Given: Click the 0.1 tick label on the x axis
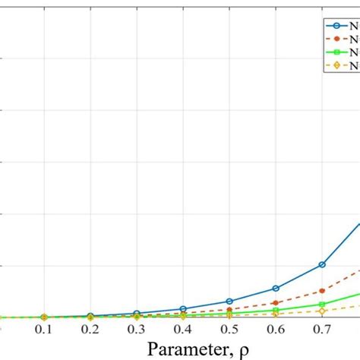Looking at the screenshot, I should tap(44, 332).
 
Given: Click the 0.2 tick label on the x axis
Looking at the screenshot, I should tap(90, 332).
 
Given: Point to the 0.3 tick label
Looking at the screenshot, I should tap(137, 332).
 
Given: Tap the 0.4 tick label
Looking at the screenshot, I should tap(183, 332).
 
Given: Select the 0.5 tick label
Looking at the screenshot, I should tap(229, 332).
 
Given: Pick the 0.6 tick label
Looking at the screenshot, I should tap(276, 332).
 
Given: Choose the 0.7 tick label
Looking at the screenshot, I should tap(322, 332).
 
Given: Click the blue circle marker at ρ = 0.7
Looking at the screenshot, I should tap(322, 264).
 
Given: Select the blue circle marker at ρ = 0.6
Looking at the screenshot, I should tap(276, 289).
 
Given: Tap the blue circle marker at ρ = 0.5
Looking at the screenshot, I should tap(229, 302).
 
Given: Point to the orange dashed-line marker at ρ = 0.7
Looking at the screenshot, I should tap(322, 291).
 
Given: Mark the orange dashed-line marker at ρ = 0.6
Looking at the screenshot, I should tap(276, 303).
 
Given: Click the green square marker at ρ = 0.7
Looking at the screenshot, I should tap(322, 305).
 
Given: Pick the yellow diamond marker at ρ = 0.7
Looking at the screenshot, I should tap(322, 311).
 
